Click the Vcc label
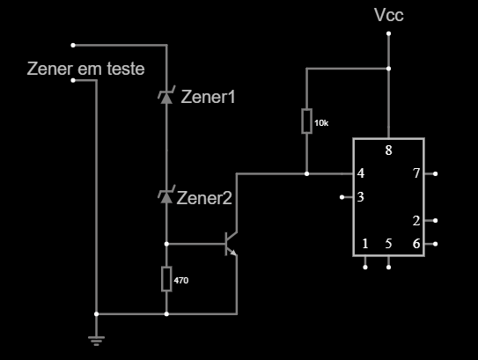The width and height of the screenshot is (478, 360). tap(389, 15)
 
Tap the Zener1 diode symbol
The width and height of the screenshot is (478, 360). tap(166, 95)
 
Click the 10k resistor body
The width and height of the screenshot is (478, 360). tap(306, 121)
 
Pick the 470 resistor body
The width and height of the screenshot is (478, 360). tap(166, 279)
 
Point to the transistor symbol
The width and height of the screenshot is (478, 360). tap(231, 244)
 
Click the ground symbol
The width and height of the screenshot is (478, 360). tap(96, 341)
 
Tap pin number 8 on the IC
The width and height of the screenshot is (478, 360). tap(388, 151)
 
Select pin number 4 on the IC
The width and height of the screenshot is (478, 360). tap(361, 173)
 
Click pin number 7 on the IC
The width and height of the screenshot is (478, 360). tap(416, 173)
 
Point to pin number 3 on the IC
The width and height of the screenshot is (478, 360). tap(361, 197)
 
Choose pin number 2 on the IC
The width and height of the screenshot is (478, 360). tap(416, 221)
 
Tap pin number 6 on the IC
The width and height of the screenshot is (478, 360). tap(416, 244)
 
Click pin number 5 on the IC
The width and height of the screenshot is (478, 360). tap(388, 244)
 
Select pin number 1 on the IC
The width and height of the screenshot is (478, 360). tap(365, 244)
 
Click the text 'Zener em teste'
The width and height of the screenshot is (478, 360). tap(85, 69)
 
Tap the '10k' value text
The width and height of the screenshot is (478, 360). tap(321, 123)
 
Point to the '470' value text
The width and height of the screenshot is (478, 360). tap(181, 281)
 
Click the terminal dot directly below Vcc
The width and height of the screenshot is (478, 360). tap(389, 33)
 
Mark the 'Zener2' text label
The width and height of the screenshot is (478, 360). tap(204, 198)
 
